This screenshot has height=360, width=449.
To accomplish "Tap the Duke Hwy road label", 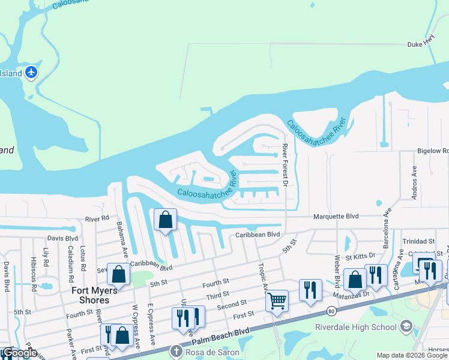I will (420, 44).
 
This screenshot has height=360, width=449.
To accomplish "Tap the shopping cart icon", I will (277, 300).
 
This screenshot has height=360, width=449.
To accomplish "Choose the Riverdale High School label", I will (356, 327).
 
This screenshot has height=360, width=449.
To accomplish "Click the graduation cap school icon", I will (406, 326).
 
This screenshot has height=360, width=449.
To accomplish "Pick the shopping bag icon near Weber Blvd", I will (355, 280).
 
